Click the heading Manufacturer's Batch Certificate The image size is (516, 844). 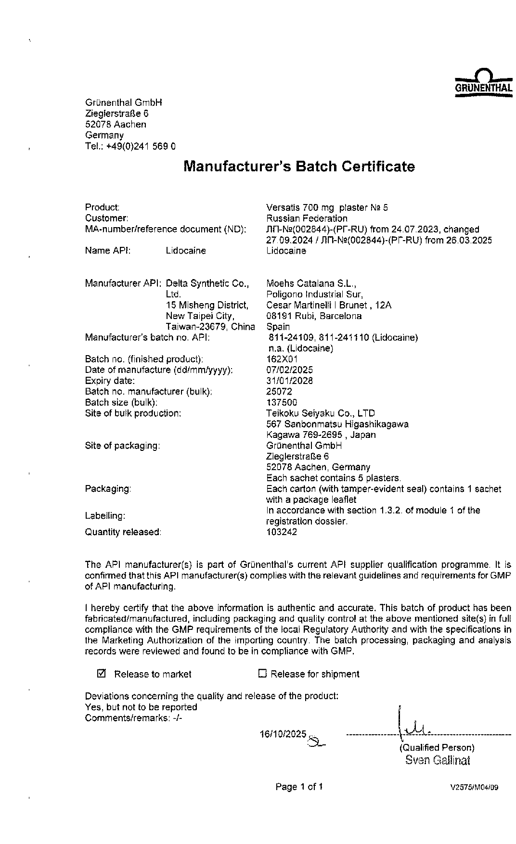299,166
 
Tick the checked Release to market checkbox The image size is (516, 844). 102,674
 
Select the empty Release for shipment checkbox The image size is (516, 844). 262,674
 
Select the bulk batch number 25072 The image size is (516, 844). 279,392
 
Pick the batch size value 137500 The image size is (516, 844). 282,402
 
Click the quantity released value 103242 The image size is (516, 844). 282,532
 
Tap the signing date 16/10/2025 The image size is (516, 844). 283,734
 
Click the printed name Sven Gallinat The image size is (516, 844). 438,760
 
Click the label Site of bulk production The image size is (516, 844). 133,413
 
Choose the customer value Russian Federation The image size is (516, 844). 307,218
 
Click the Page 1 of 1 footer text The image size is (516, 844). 299,787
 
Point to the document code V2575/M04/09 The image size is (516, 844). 474,788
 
